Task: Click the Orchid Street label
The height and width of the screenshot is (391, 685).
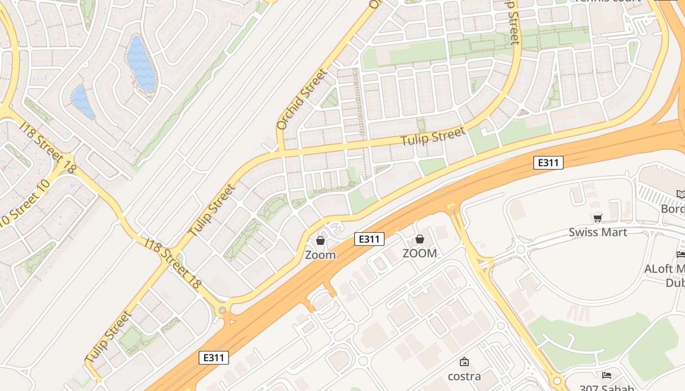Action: (x=301, y=100)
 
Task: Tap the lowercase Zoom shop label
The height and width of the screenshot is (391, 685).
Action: (x=320, y=255)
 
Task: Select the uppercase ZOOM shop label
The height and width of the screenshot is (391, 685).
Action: (x=419, y=253)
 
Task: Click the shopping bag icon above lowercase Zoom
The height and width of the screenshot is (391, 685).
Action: (x=320, y=240)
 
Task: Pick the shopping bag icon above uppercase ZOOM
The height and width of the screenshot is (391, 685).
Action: (x=419, y=239)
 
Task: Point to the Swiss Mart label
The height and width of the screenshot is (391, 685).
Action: (x=597, y=232)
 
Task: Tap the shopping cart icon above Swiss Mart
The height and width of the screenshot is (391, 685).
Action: (x=597, y=218)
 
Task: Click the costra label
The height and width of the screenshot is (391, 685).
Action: (x=464, y=376)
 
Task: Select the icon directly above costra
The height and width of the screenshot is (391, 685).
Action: (x=464, y=362)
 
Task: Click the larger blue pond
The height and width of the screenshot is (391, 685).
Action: (x=141, y=64)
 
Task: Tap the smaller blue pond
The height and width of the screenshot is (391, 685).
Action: (x=83, y=102)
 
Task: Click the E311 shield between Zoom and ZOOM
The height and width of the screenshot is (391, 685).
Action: (x=369, y=239)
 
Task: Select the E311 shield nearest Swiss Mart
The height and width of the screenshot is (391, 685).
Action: (x=548, y=163)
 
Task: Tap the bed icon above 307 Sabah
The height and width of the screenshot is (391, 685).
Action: (x=607, y=375)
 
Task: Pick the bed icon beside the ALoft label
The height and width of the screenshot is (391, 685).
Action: (x=681, y=254)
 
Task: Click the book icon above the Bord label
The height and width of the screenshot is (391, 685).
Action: (x=681, y=195)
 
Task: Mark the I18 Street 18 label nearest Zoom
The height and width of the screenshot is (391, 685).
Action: (x=174, y=262)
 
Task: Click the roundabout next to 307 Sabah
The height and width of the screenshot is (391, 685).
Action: (x=557, y=381)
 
